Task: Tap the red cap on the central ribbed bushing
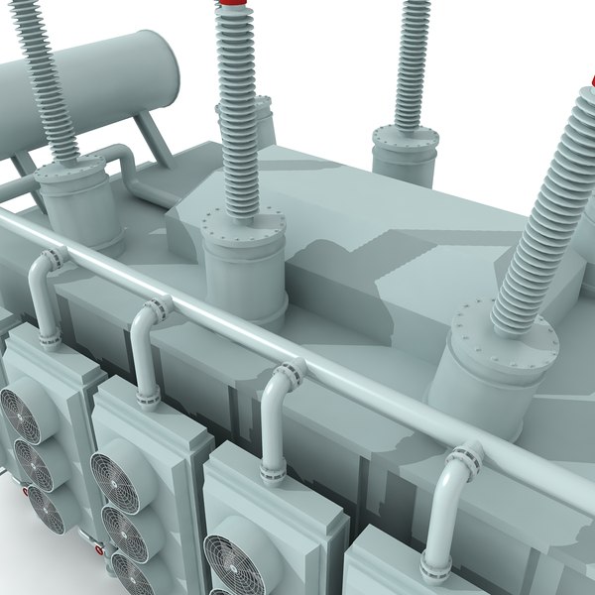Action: pyautogui.click(x=231, y=5)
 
